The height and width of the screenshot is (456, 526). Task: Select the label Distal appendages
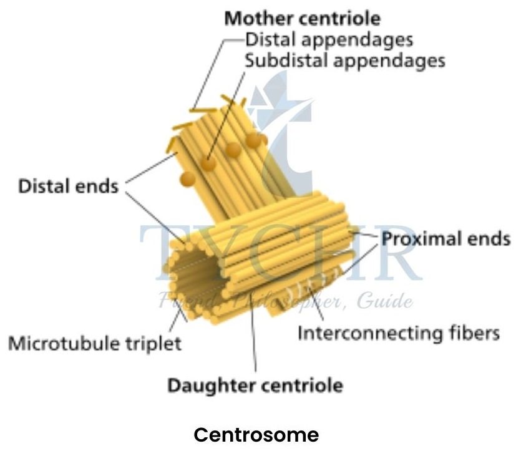point(329,39)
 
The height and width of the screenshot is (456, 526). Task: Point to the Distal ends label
point(68,186)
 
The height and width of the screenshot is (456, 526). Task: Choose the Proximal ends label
point(446,239)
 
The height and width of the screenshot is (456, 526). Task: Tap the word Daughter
point(208,385)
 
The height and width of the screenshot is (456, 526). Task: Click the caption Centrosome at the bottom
point(256,435)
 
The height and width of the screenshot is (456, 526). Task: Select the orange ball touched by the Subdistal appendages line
point(208,164)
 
